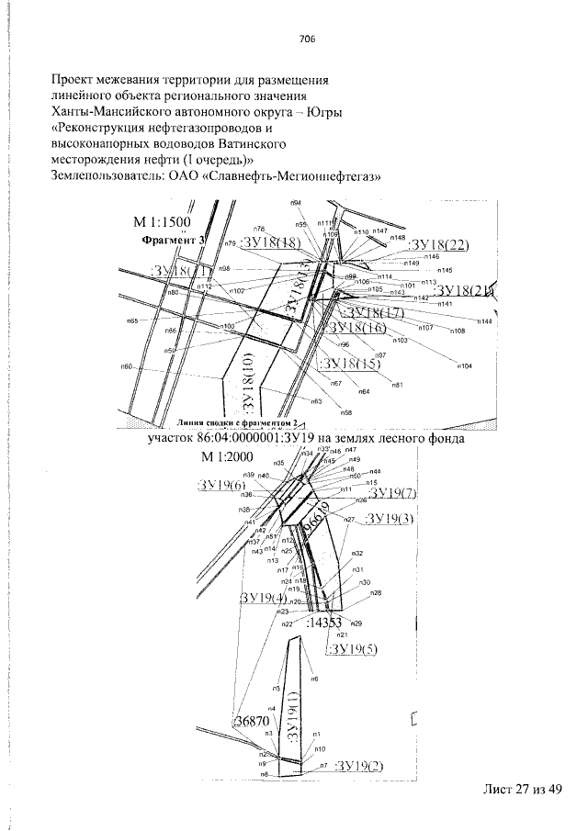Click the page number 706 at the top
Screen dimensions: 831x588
(x=307, y=39)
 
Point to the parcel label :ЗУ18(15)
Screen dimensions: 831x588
(x=348, y=365)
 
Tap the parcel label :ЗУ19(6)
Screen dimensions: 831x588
(x=220, y=485)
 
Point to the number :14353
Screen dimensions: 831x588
(x=330, y=623)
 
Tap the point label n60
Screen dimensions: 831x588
(x=127, y=366)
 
